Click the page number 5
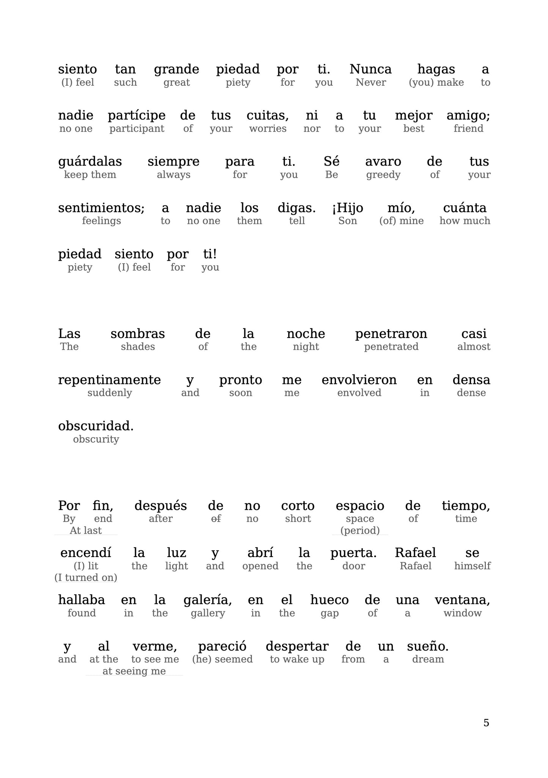pyautogui.click(x=486, y=723)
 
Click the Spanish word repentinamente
pyautogui.click(x=109, y=380)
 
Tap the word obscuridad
pyautogui.click(x=96, y=426)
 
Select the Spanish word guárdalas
pyautogui.click(x=90, y=162)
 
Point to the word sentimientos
pyautogui.click(x=101, y=208)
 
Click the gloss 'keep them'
pyautogui.click(x=90, y=175)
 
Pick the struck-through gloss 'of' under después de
pyautogui.click(x=215, y=519)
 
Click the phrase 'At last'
pyautogui.click(x=86, y=531)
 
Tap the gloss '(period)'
pyautogui.click(x=360, y=531)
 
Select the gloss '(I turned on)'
pyautogui.click(x=86, y=578)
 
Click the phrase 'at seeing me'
pyautogui.click(x=134, y=671)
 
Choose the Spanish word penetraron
pyautogui.click(x=391, y=334)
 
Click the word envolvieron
pyautogui.click(x=359, y=380)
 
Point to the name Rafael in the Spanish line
pyautogui.click(x=415, y=553)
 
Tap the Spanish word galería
pyautogui.click(x=207, y=600)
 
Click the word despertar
pyautogui.click(x=297, y=647)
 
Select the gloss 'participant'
pyautogui.click(x=137, y=129)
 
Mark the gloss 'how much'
pyautogui.click(x=465, y=221)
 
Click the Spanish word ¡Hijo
pyautogui.click(x=347, y=208)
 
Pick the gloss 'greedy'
pyautogui.click(x=383, y=175)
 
